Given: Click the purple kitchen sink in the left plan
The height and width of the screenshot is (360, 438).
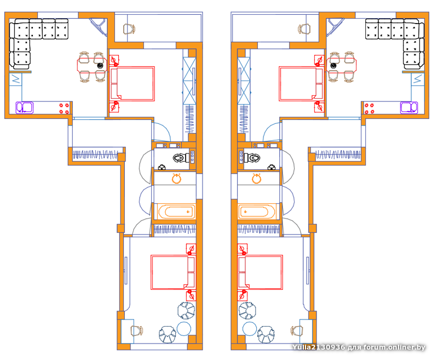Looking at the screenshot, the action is (24, 107).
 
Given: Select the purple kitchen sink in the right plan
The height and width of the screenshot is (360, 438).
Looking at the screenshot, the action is (409, 107).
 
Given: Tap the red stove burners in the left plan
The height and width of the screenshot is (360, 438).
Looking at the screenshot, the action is (64, 108).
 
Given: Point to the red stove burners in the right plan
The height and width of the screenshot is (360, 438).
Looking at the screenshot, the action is (369, 108).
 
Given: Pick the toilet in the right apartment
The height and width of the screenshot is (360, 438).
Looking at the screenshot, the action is (253, 158).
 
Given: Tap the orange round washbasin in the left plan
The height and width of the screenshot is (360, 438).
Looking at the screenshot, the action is (176, 178).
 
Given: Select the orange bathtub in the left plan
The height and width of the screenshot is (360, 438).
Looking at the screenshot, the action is (176, 212).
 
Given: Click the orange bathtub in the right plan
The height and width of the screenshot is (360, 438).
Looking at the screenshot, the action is (257, 212).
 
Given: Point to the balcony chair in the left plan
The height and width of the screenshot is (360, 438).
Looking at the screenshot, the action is (129, 29).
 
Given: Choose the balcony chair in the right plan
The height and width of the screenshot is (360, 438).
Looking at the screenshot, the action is (304, 29).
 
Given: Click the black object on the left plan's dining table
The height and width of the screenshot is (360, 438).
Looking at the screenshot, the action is (100, 66).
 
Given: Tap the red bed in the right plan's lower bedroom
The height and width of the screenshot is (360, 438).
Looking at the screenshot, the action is (260, 272).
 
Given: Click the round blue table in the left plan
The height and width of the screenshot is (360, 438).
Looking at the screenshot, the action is (184, 329).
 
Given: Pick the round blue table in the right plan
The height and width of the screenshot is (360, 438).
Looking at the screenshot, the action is (250, 329).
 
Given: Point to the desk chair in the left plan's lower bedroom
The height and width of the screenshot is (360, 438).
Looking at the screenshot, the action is (136, 331).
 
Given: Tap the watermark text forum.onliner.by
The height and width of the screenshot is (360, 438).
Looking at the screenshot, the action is (394, 347).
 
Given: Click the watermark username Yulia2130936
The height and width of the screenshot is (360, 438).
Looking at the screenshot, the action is (319, 347).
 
